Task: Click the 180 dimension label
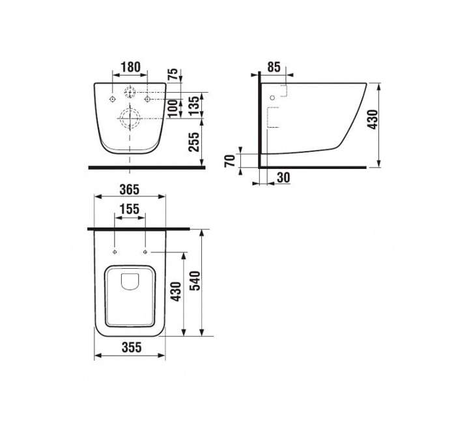[130, 67]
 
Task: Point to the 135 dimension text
[194, 106]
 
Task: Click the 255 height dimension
[194, 142]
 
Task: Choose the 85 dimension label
[274, 67]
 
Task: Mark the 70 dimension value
[230, 160]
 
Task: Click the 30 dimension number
[283, 177]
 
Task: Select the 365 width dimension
[130, 190]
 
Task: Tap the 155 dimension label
[130, 209]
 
